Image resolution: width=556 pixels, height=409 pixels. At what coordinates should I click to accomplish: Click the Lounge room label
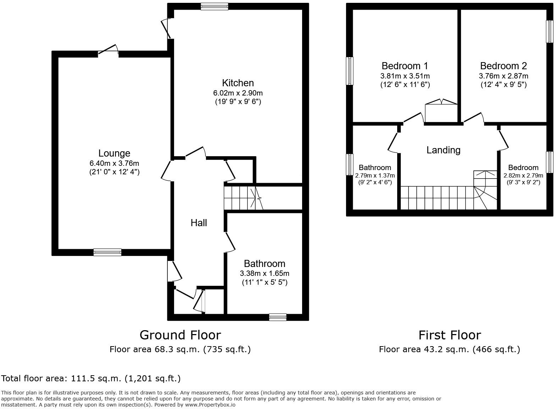[x=114, y=153]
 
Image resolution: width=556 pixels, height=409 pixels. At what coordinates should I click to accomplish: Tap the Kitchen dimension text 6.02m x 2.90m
[x=238, y=93]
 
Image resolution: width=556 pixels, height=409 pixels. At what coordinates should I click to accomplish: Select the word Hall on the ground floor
[x=199, y=223]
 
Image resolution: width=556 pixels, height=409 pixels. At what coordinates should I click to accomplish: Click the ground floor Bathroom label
[x=265, y=263]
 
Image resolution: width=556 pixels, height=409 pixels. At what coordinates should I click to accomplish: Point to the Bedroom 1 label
[x=405, y=66]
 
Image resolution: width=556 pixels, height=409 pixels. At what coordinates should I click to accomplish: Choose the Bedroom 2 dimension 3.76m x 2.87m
[x=503, y=76]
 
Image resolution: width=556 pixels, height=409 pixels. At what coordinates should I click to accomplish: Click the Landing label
[x=443, y=150]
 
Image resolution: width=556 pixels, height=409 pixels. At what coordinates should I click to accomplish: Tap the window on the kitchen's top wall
[x=214, y=6]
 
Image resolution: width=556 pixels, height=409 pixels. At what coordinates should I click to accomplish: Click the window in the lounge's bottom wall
[x=107, y=252]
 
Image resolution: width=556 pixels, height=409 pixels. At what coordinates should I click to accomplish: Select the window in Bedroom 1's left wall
[x=350, y=71]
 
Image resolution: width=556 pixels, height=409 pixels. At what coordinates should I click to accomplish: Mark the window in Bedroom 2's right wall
[x=549, y=31]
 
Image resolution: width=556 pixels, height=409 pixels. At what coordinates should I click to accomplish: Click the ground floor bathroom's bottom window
[x=278, y=317]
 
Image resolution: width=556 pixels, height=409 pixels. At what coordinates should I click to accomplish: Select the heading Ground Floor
[x=180, y=335]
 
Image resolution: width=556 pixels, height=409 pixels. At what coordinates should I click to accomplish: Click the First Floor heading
[x=449, y=335]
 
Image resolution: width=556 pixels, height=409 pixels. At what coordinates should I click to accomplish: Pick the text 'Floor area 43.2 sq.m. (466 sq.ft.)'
[x=449, y=349]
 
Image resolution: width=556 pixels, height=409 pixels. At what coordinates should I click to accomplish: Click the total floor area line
[x=91, y=378]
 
